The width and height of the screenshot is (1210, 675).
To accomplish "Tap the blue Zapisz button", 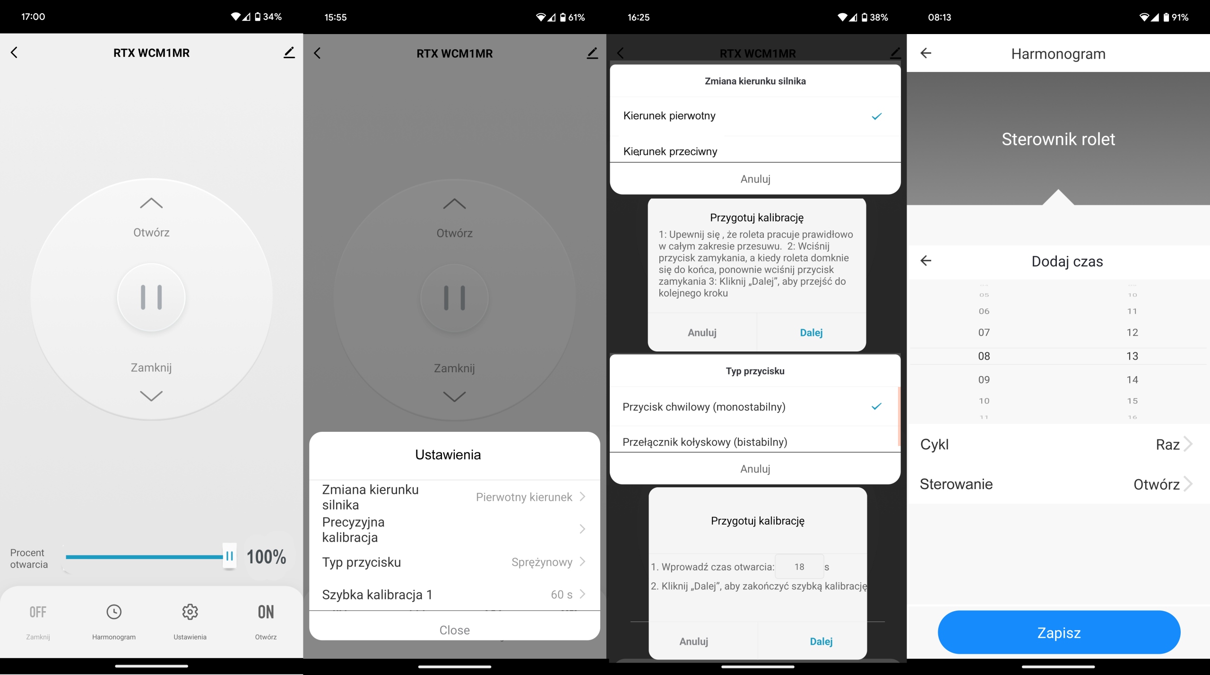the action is (1059, 632).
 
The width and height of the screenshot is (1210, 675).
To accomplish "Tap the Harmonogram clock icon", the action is (114, 612).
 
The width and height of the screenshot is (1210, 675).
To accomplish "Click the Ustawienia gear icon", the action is (190, 612).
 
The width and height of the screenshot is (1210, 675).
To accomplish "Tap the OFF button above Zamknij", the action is (38, 612).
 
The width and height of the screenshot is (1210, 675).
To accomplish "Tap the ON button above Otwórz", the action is (266, 612).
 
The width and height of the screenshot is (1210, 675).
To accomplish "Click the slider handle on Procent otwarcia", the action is (229, 556).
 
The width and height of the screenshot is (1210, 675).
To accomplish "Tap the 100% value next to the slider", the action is (267, 557).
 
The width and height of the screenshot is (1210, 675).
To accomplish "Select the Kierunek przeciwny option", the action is (670, 151).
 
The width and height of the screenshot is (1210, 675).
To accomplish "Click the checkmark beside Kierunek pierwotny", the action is (877, 116).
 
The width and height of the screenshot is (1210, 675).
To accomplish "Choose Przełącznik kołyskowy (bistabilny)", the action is (705, 442).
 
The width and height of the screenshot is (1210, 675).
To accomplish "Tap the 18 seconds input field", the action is (799, 567).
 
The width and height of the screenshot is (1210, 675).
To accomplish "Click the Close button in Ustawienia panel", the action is (455, 630).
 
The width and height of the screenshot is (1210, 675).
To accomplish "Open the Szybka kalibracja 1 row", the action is (454, 595).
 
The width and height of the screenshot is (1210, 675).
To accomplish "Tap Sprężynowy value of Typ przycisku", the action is (542, 562).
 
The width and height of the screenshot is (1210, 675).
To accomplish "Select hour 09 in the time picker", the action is (984, 379).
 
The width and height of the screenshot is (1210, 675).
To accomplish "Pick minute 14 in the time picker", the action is (1132, 379).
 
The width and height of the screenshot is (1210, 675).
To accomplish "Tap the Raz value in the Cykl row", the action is (1168, 445).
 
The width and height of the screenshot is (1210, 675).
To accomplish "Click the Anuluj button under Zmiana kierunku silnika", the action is (755, 179).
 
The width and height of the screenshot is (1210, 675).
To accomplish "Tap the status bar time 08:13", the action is (940, 18).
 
